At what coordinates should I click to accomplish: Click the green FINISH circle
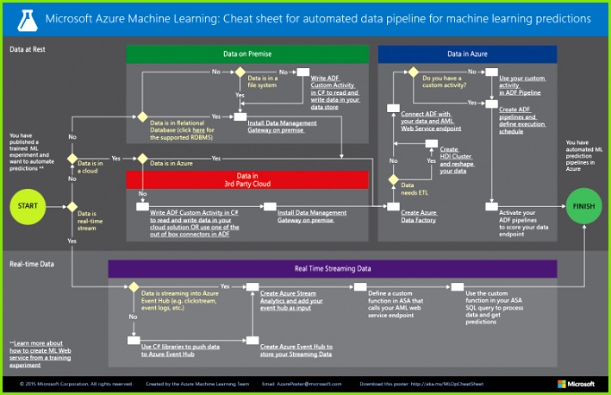tap(583, 206)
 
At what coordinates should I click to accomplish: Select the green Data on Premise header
tap(247, 53)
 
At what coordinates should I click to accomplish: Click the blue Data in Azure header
tap(467, 53)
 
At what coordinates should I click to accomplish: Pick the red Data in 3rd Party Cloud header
tap(247, 179)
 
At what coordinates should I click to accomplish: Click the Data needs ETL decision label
tap(412, 190)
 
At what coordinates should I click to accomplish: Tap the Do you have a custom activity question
tap(446, 81)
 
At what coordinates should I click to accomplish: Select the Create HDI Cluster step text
tap(457, 160)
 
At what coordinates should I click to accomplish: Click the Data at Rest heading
tap(28, 50)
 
